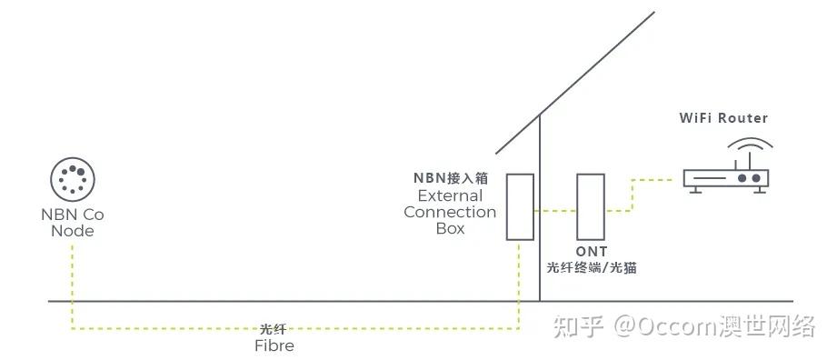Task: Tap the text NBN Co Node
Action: click(73, 223)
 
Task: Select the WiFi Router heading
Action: click(723, 118)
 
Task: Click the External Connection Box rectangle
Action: click(520, 206)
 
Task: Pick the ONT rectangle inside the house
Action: click(591, 206)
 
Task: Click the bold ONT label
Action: click(591, 251)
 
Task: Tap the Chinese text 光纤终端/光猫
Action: click(592, 268)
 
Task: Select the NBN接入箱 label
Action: click(451, 178)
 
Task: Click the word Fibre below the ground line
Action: click(274, 345)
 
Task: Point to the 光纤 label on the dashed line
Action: click(274, 329)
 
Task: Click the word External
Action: click(450, 195)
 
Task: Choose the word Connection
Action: click(450, 213)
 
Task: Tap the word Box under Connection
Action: click(450, 229)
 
